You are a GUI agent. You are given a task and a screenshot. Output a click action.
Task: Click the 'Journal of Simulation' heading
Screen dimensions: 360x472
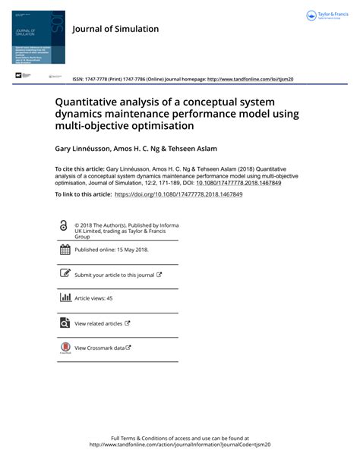click(x=115, y=29)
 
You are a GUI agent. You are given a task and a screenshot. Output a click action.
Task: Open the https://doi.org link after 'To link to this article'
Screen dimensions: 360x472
click(x=178, y=195)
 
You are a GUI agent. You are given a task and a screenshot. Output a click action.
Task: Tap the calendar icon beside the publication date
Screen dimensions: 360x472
click(x=65, y=250)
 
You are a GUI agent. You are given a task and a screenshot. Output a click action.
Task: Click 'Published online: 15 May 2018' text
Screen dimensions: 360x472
click(x=112, y=250)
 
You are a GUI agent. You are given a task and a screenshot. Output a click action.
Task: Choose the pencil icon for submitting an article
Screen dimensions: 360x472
click(x=65, y=274)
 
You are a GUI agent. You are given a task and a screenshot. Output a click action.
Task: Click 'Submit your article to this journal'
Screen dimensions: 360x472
click(x=114, y=275)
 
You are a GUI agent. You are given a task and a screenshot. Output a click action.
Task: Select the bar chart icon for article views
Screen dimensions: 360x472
click(x=65, y=298)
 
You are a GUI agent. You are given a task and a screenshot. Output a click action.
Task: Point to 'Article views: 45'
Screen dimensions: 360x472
click(x=93, y=299)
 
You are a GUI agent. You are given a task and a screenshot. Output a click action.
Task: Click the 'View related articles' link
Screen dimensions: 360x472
click(x=98, y=323)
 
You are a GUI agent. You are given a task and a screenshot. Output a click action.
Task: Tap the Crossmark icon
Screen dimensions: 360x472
click(x=65, y=348)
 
